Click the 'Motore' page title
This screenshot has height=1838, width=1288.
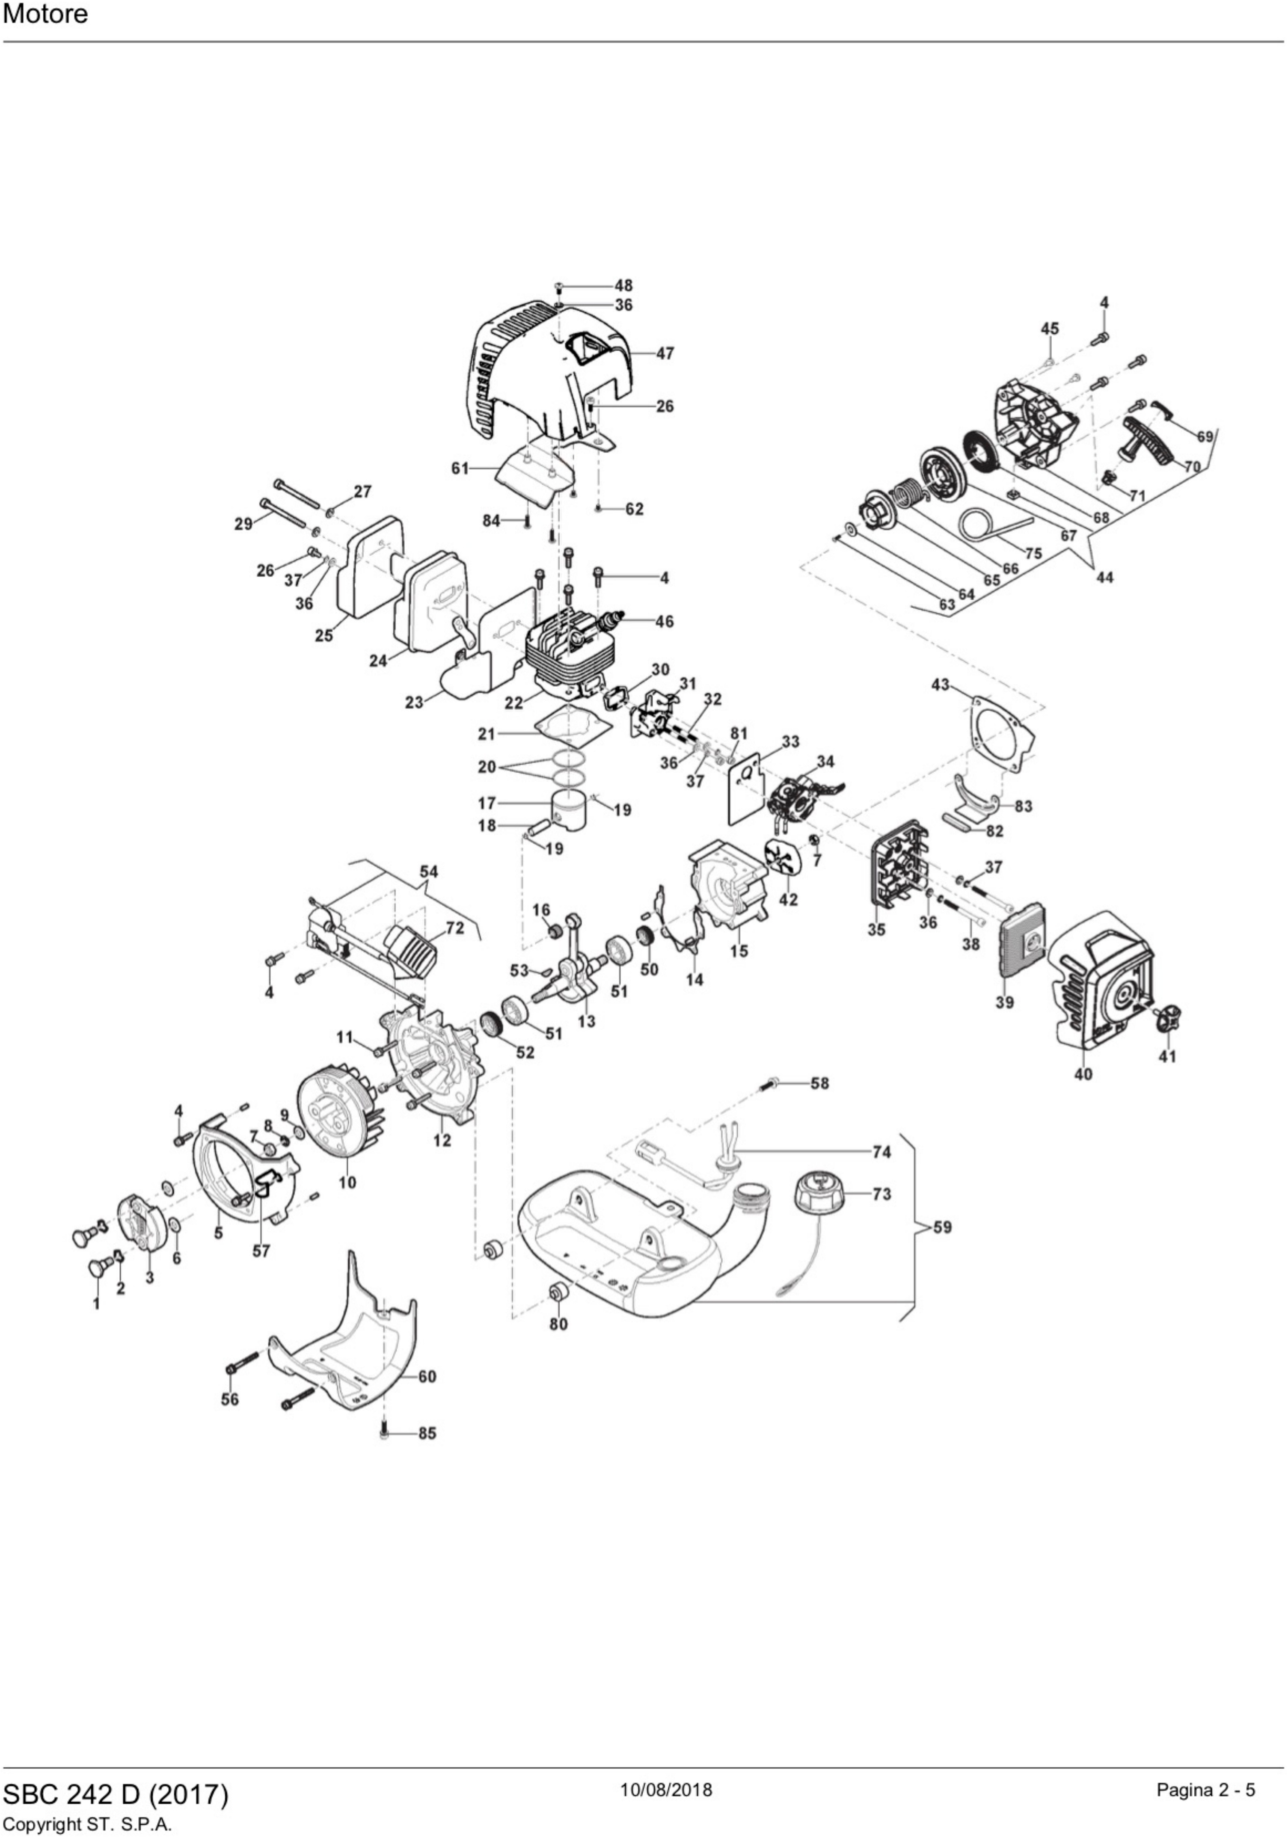[46, 15]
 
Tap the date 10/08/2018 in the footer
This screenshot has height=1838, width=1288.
[666, 1789]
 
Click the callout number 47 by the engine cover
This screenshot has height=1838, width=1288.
[665, 353]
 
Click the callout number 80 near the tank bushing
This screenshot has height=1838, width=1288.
[558, 1324]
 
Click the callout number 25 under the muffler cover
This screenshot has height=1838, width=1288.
[323, 636]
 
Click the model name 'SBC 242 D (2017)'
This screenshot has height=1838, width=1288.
[116, 1794]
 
